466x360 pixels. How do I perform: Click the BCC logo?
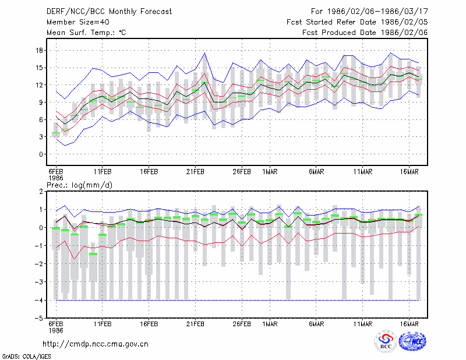point(386,341)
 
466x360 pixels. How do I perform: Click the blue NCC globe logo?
point(412,341)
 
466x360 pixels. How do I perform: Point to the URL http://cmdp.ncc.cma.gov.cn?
point(96,344)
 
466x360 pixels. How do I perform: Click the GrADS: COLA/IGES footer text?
point(27,357)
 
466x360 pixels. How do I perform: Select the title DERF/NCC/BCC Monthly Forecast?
point(109,12)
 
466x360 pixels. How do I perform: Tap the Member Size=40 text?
point(78,22)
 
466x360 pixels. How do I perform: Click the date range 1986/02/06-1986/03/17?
point(377,12)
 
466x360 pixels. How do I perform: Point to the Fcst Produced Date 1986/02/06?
point(365,33)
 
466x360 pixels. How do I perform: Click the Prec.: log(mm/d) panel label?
point(79,185)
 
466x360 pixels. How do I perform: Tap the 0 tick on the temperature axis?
point(41,154)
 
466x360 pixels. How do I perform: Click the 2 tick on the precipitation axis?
point(41,192)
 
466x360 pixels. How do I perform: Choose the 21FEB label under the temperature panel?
point(195,172)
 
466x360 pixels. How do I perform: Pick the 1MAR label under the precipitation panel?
point(270,324)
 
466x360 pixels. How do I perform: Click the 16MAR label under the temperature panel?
point(409,172)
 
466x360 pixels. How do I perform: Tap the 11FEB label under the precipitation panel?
point(103,324)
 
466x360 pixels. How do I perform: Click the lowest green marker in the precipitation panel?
point(93,254)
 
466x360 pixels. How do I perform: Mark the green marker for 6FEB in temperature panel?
point(56,133)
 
